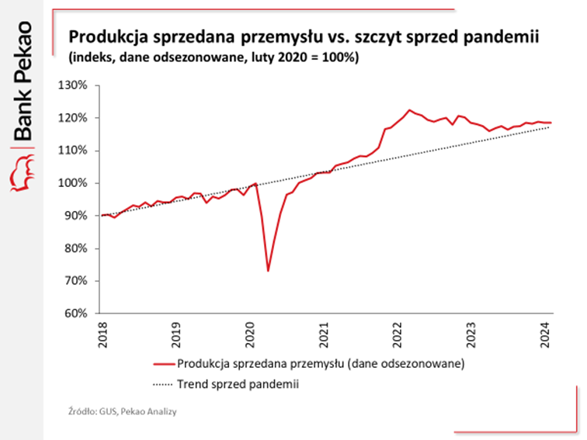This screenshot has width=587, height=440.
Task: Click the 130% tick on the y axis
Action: (x=79, y=85)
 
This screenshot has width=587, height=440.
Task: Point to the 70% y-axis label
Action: (x=82, y=281)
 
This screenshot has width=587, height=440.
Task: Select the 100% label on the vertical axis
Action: (x=79, y=183)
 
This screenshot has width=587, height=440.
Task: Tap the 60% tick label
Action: (x=82, y=314)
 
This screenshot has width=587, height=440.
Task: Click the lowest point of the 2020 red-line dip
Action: (x=268, y=271)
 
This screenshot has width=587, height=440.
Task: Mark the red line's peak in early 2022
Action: (x=410, y=110)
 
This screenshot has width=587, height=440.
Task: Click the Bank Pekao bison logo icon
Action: (x=23, y=171)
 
